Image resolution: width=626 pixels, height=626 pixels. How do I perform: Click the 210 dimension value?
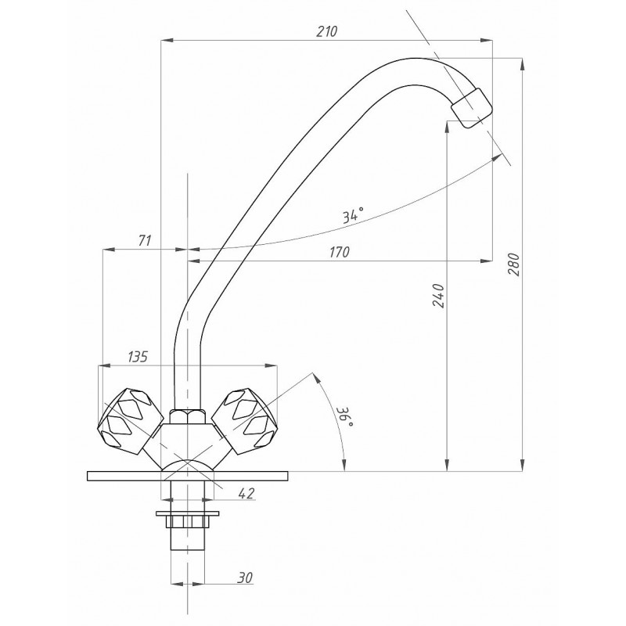tap(326, 31)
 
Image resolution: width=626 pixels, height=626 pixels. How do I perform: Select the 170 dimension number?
tap(340, 252)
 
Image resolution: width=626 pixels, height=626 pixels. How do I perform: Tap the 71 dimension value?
tap(144, 241)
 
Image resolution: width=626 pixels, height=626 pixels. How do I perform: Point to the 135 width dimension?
tap(138, 357)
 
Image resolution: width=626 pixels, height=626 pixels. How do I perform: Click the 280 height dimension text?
tap(514, 264)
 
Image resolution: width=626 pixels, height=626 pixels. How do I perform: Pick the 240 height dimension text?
tap(438, 296)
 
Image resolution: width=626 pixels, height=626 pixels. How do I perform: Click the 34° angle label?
tap(353, 214)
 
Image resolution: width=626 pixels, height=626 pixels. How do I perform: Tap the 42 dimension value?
tap(246, 494)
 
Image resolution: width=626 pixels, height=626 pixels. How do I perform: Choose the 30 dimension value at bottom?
tap(245, 577)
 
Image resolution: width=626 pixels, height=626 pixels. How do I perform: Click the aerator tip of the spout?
tap(471, 108)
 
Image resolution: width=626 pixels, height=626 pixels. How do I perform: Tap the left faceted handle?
tap(130, 422)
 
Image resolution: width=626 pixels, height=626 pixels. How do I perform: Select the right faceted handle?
tap(243, 422)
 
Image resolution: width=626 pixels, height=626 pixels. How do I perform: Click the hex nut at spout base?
tap(187, 416)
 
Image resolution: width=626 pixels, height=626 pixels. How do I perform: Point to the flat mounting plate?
tap(187, 476)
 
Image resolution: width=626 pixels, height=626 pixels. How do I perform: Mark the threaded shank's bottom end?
tap(187, 550)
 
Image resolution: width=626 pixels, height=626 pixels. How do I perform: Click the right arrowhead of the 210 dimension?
tap(486, 41)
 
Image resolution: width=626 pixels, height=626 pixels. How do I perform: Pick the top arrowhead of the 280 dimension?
tap(522, 64)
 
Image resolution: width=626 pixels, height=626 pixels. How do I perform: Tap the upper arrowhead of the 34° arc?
tap(497, 157)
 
